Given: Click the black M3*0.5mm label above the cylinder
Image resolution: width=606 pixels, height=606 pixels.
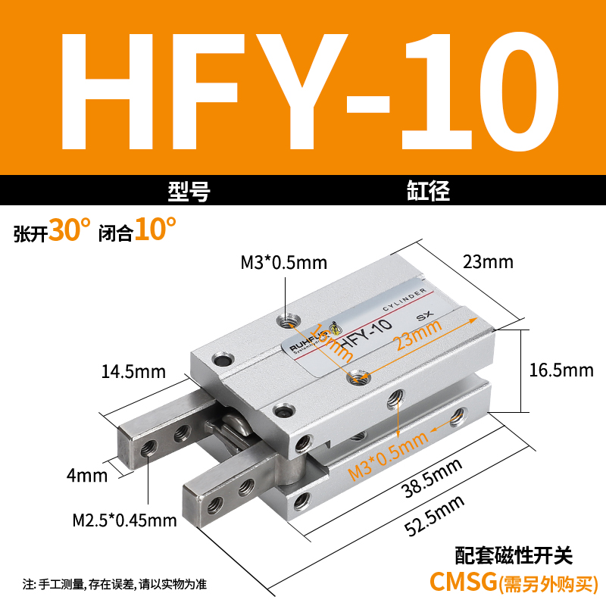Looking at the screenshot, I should (283, 263).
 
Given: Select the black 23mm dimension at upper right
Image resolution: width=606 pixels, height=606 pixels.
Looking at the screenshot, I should (488, 262).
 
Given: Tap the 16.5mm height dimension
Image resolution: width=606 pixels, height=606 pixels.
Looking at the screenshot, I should (561, 370).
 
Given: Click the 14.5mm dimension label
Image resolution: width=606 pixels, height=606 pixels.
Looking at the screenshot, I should (133, 371).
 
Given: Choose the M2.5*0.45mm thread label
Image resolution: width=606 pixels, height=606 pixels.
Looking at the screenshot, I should (124, 520).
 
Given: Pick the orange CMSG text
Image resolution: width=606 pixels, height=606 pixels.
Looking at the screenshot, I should (462, 582).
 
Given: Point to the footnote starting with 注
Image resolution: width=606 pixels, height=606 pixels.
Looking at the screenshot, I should (114, 584).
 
